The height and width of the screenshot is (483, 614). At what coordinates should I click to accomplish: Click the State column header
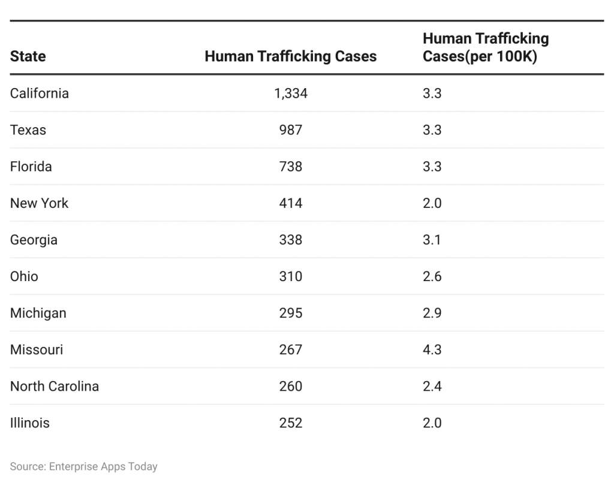click(28, 56)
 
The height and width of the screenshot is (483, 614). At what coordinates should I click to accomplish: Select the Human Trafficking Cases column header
click(290, 56)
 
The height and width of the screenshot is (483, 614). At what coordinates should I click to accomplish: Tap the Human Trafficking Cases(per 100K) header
click(485, 47)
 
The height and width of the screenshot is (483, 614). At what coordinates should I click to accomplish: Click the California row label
click(40, 93)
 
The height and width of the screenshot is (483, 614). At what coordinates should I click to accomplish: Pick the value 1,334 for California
click(290, 93)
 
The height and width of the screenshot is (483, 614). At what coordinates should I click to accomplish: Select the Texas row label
click(28, 130)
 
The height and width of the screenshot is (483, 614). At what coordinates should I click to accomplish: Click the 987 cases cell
click(290, 130)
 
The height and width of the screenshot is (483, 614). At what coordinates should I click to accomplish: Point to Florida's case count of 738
click(290, 167)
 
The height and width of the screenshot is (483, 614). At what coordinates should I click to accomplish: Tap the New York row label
click(40, 203)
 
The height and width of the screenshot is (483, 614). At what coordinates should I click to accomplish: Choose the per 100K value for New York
click(432, 203)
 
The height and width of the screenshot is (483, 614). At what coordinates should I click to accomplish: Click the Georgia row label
click(34, 240)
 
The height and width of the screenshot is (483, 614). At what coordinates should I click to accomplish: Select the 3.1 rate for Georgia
click(432, 240)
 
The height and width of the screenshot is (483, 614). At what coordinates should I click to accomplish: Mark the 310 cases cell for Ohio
click(290, 276)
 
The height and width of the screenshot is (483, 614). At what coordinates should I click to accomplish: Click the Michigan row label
click(38, 313)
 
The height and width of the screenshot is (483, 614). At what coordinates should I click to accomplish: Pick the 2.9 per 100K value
click(432, 313)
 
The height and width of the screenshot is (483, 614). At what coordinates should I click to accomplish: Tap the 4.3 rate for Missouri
click(432, 349)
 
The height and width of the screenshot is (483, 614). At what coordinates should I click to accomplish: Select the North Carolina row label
click(55, 386)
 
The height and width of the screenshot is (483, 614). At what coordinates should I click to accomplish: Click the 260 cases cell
click(290, 386)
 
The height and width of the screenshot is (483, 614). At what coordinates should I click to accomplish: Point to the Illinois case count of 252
click(290, 422)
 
